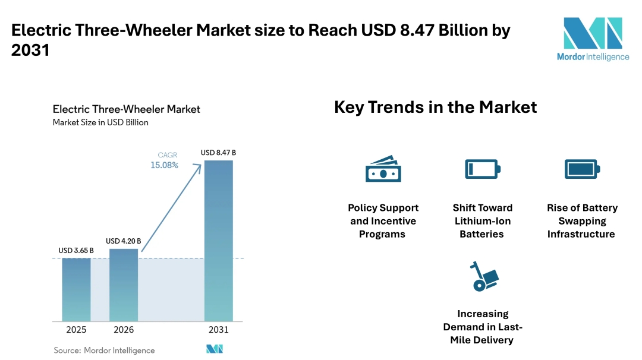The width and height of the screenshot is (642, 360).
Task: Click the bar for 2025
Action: [76, 289]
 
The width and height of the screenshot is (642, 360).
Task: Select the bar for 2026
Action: [124, 285]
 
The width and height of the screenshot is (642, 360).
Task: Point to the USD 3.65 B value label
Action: [76, 251]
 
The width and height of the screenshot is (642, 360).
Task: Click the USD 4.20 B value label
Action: [124, 241]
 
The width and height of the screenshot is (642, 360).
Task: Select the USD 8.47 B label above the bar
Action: [218, 153]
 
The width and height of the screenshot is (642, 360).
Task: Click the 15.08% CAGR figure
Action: [164, 165]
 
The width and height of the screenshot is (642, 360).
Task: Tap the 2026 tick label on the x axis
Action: [124, 330]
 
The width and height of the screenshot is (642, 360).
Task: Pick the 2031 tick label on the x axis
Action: [218, 330]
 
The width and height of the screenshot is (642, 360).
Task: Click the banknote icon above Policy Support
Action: [383, 169]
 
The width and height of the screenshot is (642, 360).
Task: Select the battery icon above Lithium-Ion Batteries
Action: [482, 169]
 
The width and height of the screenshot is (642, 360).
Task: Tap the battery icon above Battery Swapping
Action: [582, 169]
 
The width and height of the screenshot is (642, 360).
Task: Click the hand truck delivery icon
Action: [483, 276]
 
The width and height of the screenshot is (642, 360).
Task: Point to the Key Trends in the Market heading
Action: [435, 108]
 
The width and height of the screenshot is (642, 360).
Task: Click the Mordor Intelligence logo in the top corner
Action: [592, 39]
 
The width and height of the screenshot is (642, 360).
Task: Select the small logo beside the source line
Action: [214, 349]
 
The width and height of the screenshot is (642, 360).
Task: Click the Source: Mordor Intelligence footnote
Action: [104, 350]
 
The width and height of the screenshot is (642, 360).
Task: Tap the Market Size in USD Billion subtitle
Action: [100, 122]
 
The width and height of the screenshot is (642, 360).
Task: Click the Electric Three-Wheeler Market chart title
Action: [126, 109]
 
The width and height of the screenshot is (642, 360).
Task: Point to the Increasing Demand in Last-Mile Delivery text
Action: [483, 327]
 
